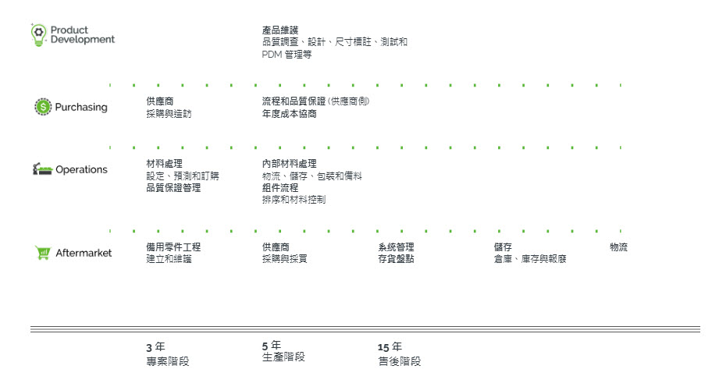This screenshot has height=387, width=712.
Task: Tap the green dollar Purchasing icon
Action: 42,107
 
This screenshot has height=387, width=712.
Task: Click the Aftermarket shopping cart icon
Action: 43,252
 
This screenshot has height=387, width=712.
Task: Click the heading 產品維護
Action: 280,30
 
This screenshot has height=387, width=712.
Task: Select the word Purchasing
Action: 81,107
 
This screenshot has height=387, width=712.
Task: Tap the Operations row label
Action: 81,169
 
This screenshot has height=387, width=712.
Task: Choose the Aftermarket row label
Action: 84,252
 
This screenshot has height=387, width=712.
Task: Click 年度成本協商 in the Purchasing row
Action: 290,113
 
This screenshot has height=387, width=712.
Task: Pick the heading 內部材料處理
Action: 290,163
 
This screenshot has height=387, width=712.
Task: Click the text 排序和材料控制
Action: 294,199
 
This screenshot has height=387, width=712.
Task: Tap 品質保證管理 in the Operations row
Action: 173,187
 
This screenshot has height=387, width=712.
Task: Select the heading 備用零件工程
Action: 173,247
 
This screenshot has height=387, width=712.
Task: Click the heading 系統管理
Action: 396,247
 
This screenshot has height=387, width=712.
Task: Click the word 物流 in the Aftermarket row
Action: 618,247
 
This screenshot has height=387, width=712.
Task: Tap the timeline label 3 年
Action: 155,346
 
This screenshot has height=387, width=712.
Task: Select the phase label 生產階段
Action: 283,357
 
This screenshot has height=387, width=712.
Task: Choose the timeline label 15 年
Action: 390,346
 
